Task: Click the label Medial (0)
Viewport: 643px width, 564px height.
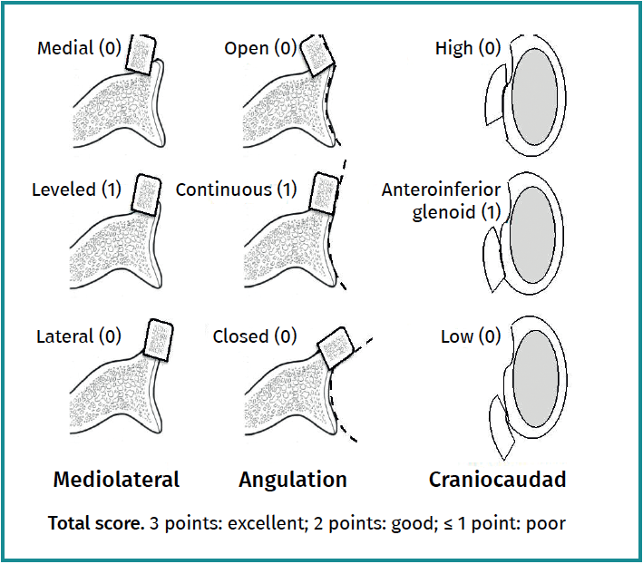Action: (77, 48)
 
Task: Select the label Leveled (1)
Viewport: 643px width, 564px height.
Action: (76, 190)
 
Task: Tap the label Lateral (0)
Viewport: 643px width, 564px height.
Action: (78, 336)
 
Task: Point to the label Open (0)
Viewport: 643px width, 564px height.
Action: (260, 48)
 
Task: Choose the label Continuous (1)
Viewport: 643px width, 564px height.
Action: (236, 190)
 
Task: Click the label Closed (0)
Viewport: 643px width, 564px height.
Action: (254, 336)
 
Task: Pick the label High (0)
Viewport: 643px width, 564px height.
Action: (467, 48)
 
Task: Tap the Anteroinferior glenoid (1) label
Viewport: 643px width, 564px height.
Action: (441, 200)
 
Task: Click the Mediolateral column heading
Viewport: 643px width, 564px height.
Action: (116, 480)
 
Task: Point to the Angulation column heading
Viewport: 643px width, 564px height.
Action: (292, 480)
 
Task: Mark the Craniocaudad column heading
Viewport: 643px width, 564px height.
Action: (497, 480)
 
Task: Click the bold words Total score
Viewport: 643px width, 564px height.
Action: (94, 523)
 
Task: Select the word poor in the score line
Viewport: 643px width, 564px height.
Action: (546, 523)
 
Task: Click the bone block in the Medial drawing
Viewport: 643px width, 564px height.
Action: (141, 54)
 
